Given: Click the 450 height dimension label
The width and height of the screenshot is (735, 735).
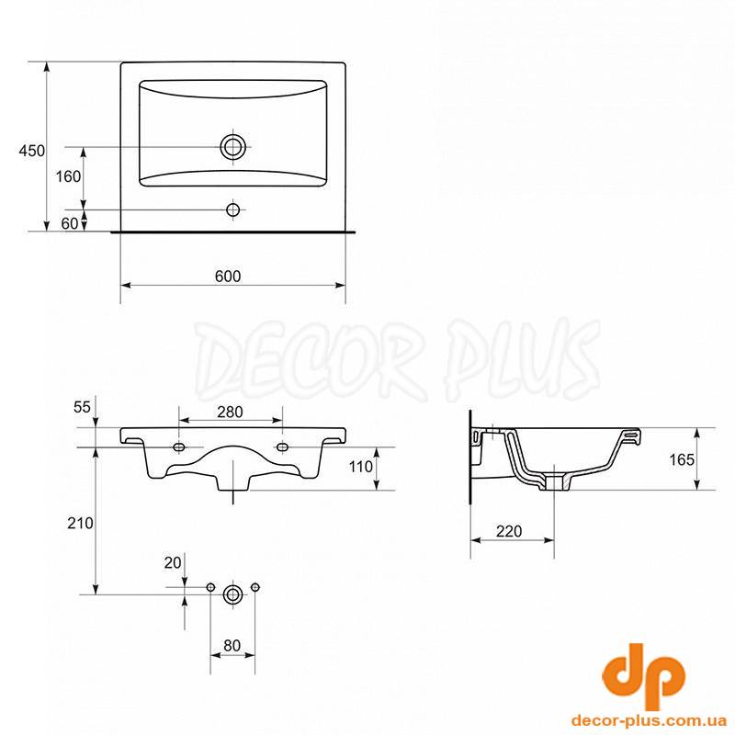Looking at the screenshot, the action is pos(32,151).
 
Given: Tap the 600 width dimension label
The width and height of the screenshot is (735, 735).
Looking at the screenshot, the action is pos(228,277).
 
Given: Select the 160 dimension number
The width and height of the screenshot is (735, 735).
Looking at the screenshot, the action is pos(68,176).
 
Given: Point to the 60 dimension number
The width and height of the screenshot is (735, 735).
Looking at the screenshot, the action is pos(70,223).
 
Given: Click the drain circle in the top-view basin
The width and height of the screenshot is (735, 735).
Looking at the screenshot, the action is pos(233,147).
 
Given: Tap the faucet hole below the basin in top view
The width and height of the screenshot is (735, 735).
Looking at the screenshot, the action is pos(233,209).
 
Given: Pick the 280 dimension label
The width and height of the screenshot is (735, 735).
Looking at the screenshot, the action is pos(231,412).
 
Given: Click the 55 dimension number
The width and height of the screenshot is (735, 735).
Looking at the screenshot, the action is pos(82,407).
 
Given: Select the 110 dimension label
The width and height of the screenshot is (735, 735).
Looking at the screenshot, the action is pos(361,467).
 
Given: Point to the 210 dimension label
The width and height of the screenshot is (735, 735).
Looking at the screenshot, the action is pos(80,523).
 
